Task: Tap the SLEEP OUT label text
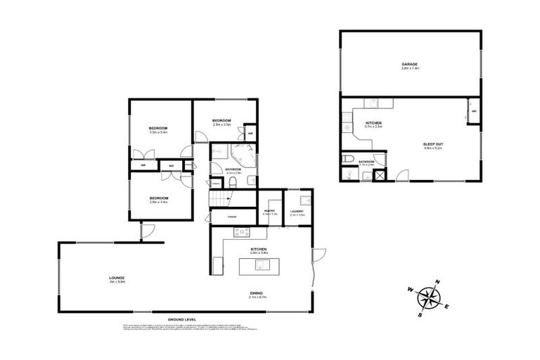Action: tap(433, 144)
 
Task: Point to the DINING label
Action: tap(259, 295)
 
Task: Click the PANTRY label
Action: tap(269, 210)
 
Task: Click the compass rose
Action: tap(427, 298)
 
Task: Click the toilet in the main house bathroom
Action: tap(231, 182)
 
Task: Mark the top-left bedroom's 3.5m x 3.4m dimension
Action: tap(157, 131)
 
